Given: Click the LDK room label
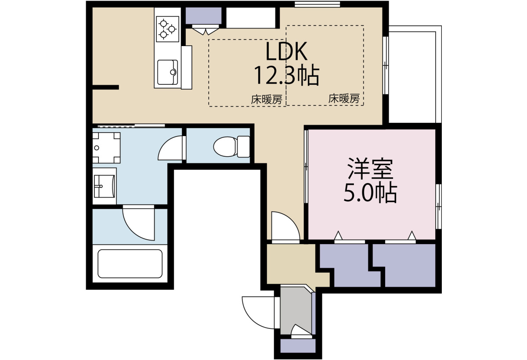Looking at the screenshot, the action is pos(286,51).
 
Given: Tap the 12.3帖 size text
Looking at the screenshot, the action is pos(286,75).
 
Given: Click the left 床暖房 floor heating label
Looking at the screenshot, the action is pos(267,100).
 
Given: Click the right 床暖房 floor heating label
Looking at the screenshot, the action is pos(344,99).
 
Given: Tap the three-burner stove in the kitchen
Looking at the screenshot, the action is pos(167,29).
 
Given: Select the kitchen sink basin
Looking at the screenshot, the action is pos(167,72).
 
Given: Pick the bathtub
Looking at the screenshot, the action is pos(130,263).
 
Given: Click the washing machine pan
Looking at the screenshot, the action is pos(106,148).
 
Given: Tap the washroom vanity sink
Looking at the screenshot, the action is pos(105,186).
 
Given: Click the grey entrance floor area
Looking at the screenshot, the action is pos(296,310).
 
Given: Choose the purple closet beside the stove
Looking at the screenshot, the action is pos(203,16).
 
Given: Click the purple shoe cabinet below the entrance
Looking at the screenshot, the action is pos(298,346).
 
